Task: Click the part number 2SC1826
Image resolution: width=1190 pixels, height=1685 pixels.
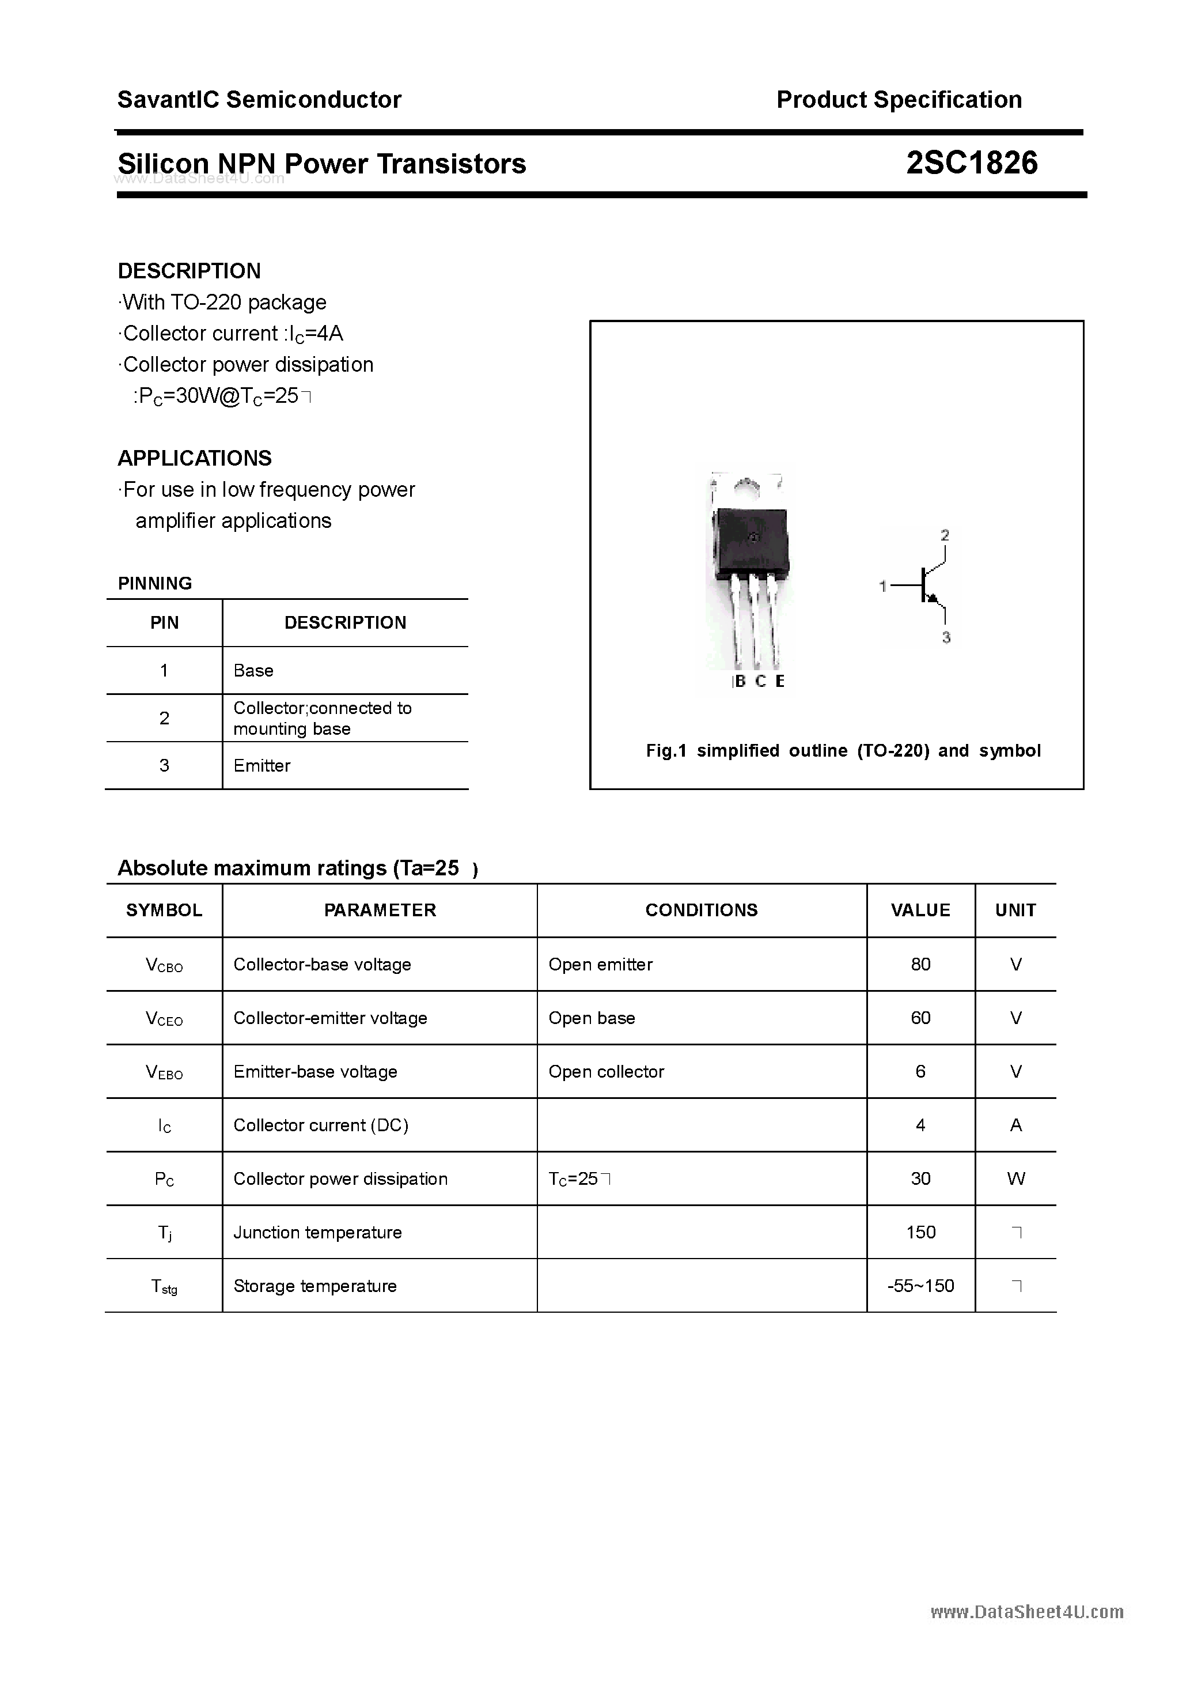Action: point(971,163)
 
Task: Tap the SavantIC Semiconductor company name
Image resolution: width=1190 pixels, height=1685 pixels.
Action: point(259,100)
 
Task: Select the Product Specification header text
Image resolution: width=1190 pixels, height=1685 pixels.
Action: point(899,100)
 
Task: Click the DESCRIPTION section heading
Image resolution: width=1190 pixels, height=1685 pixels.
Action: point(190,271)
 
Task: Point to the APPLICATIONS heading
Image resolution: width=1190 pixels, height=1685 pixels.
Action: point(195,458)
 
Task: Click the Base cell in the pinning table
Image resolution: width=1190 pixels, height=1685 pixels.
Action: point(253,670)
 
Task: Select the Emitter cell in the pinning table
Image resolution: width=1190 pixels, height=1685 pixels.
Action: point(262,765)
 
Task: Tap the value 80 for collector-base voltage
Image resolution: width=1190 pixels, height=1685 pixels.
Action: point(920,964)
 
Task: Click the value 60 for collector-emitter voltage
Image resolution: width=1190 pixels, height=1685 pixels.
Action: point(920,1018)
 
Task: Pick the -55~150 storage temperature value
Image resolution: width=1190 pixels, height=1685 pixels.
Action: point(920,1286)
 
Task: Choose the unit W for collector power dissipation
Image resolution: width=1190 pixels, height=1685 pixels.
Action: point(1015,1178)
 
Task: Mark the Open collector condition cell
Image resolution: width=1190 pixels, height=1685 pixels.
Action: point(606,1071)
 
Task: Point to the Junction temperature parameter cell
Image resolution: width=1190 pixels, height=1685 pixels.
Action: point(317,1232)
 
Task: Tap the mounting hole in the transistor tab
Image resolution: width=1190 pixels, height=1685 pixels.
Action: point(747,485)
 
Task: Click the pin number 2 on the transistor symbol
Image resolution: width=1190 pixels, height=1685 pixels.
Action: point(945,535)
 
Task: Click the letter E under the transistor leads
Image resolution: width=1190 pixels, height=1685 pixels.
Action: point(779,681)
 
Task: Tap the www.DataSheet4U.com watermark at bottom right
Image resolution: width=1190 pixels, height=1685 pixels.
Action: point(1026,1612)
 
